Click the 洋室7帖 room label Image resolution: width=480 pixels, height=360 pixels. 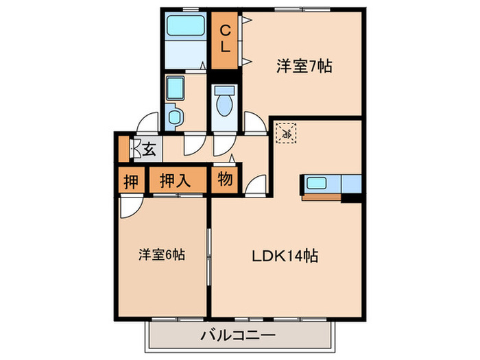click(x=304, y=67)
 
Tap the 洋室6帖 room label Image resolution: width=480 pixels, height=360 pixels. click(x=161, y=254)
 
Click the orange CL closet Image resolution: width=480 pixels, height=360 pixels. click(x=224, y=40)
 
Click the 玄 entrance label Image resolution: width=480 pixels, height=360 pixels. click(x=149, y=147)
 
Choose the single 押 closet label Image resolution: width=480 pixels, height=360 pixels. click(x=130, y=181)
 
